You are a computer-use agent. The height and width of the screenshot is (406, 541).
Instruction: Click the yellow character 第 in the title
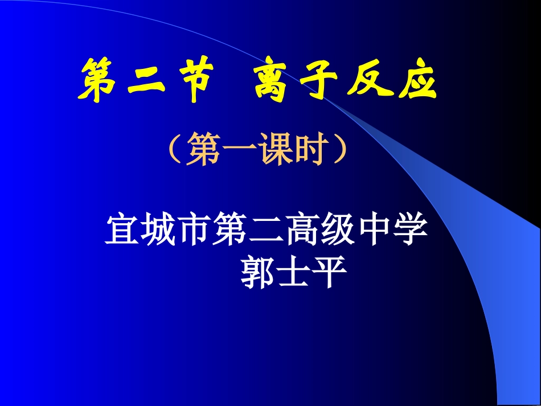(98, 84)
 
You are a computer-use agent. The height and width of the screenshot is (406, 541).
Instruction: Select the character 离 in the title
(271, 84)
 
